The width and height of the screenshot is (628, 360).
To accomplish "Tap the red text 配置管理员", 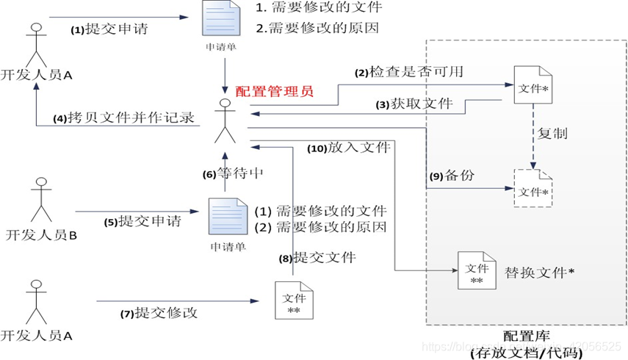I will [x=274, y=92].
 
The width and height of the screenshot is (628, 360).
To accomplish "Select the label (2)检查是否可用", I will [x=409, y=73].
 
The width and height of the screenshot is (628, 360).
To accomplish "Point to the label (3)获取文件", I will [x=414, y=104].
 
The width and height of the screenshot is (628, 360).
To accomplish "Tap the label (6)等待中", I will [x=233, y=175].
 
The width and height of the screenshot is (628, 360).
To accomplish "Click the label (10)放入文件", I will [x=347, y=148].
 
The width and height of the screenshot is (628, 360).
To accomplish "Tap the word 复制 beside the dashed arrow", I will [x=552, y=135].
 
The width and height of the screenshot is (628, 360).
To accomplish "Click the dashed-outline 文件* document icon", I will [x=534, y=187].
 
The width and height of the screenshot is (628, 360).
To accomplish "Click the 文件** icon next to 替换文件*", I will [x=476, y=273].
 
